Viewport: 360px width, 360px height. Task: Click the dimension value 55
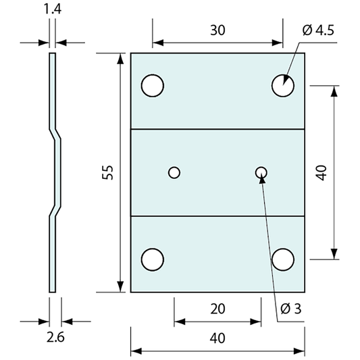pyautogui.click(x=108, y=173)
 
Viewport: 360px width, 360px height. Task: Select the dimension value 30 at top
pyautogui.click(x=217, y=30)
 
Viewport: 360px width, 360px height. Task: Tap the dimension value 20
pyautogui.click(x=217, y=309)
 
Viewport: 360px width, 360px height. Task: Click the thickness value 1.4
pyautogui.click(x=53, y=9)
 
